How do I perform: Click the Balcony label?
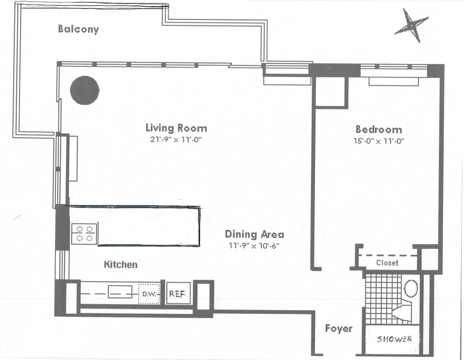click(78, 29)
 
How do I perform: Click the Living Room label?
click(176, 128)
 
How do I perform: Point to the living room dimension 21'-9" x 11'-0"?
click(176, 140)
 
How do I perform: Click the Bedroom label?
click(378, 129)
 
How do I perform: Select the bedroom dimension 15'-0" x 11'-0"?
click(378, 141)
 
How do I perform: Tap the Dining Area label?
click(254, 234)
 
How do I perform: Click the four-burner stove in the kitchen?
click(85, 234)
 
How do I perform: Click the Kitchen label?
click(121, 264)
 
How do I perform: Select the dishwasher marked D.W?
click(149, 294)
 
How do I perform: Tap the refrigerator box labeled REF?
click(178, 294)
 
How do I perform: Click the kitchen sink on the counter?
click(120, 293)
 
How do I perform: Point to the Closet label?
click(387, 263)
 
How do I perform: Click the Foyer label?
click(338, 328)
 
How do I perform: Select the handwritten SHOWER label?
click(394, 339)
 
